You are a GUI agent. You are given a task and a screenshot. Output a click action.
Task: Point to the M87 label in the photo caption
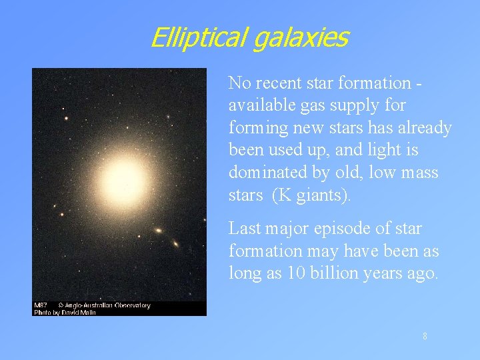[x=41, y=306]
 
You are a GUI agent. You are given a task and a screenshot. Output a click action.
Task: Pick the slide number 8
[x=425, y=337]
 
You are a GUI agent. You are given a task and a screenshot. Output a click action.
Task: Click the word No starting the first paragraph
[x=239, y=83]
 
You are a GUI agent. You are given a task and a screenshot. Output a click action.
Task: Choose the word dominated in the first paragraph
[x=265, y=173]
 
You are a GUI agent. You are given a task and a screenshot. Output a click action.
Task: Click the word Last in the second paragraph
[x=243, y=229]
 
